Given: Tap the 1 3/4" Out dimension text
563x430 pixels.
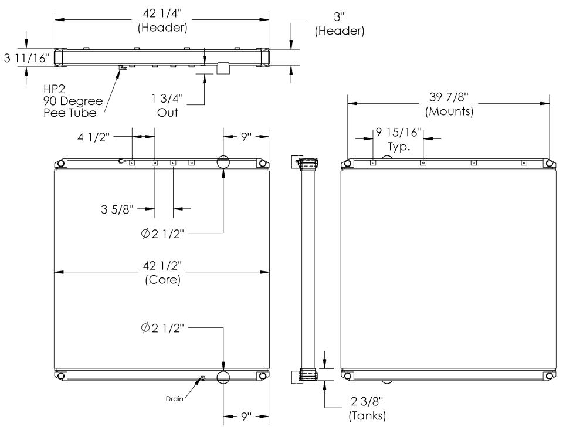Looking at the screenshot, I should (168, 106).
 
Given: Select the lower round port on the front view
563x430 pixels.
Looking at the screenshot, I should (223, 377).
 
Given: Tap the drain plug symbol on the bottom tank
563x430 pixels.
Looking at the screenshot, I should (203, 378).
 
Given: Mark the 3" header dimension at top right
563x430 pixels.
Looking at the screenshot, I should (340, 24).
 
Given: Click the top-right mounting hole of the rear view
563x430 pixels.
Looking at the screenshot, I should (549, 163).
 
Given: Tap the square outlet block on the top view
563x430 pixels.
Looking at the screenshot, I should (223, 68).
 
